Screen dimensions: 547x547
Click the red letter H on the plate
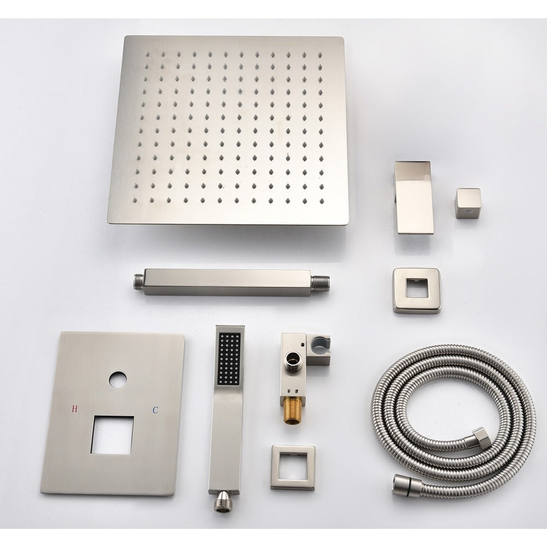pyautogui.click(x=74, y=409)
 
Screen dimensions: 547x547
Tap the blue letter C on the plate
pyautogui.click(x=155, y=410)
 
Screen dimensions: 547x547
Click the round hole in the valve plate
pyautogui.click(x=118, y=380)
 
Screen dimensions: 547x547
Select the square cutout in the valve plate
pyautogui.click(x=112, y=435)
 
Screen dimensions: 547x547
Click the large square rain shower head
pyautogui.click(x=228, y=130)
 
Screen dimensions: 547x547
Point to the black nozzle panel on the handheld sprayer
pyautogui.click(x=229, y=359)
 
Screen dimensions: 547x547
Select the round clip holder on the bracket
pyautogui.click(x=318, y=344)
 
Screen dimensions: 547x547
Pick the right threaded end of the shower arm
pyautogui.click(x=320, y=283)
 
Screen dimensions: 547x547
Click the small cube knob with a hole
pyautogui.click(x=468, y=203)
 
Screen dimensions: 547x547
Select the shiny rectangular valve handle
pyautogui.click(x=414, y=197)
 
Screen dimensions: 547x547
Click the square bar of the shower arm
pyautogui.click(x=228, y=282)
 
